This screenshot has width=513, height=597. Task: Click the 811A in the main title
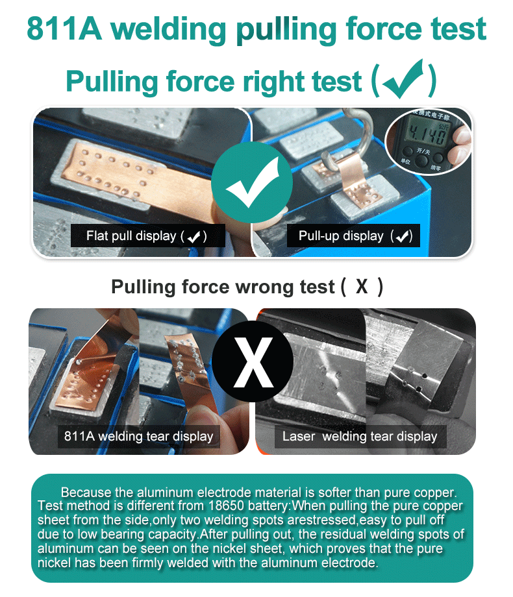tap(64, 29)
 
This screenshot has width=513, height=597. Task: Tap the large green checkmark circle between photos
tap(252, 182)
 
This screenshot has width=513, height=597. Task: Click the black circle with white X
tap(253, 361)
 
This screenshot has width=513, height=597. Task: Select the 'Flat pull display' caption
tap(148, 236)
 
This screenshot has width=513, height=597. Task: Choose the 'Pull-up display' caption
tap(353, 236)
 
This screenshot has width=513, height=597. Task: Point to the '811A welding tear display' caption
tap(139, 436)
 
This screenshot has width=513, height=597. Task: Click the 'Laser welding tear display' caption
tap(360, 436)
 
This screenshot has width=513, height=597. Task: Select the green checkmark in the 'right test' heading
tap(403, 79)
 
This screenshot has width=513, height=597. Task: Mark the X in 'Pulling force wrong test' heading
tap(362, 287)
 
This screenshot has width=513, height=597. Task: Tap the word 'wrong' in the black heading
tap(266, 287)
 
